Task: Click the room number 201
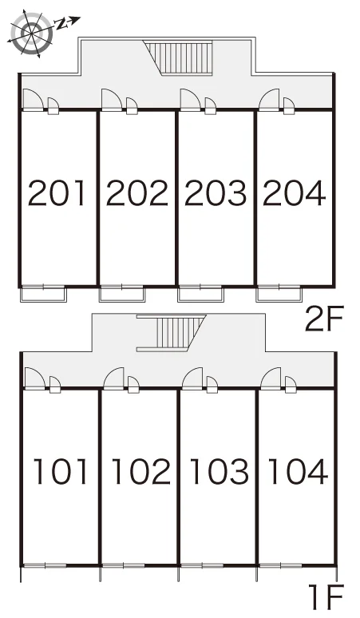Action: coord(57,192)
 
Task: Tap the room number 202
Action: coord(137,192)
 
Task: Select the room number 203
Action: coord(216,192)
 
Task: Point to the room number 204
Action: coord(294,192)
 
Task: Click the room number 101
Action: coord(60,471)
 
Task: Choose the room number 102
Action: coord(141,471)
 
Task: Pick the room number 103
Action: coord(219,471)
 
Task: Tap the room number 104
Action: coord(298,471)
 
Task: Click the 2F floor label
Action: coord(325,318)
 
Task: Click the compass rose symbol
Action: coord(30,32)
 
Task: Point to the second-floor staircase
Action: coord(180,57)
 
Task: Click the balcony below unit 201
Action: coord(43,295)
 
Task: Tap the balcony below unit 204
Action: coord(279,295)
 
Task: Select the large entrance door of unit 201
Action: coord(33,100)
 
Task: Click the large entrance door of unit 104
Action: coord(271,378)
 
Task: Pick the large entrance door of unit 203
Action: coord(191,100)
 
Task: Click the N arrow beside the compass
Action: coord(68,22)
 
